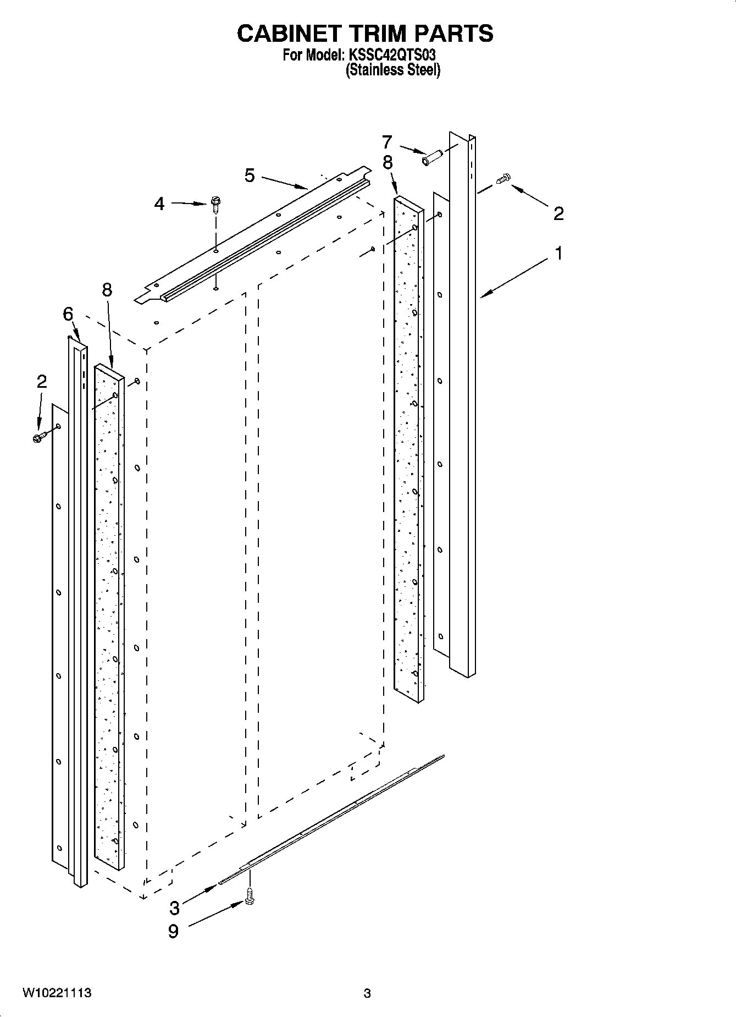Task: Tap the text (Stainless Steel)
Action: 393,70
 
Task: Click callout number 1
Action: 558,254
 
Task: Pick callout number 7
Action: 387,142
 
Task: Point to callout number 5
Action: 250,176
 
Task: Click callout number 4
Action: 159,204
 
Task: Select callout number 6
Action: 68,314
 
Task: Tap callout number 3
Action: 174,906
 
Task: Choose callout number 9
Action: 173,932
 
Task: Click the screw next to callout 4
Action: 215,205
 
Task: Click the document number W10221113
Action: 57,993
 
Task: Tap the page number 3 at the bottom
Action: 367,993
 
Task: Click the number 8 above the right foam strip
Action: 388,162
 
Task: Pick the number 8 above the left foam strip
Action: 107,289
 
